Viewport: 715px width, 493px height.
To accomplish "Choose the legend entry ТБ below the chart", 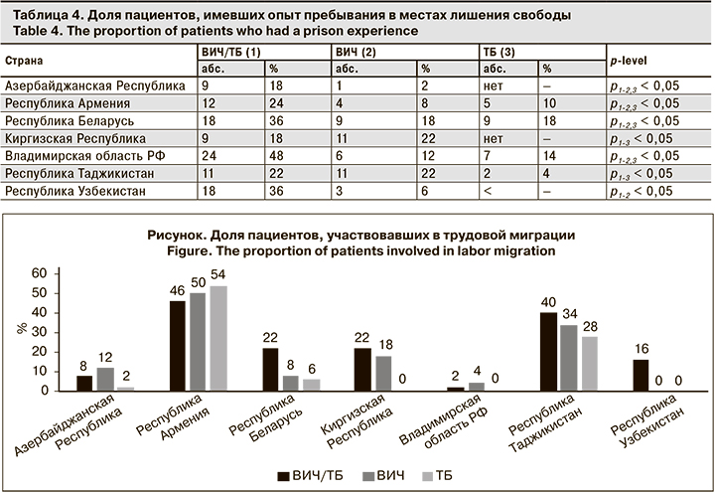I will click(445, 475).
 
